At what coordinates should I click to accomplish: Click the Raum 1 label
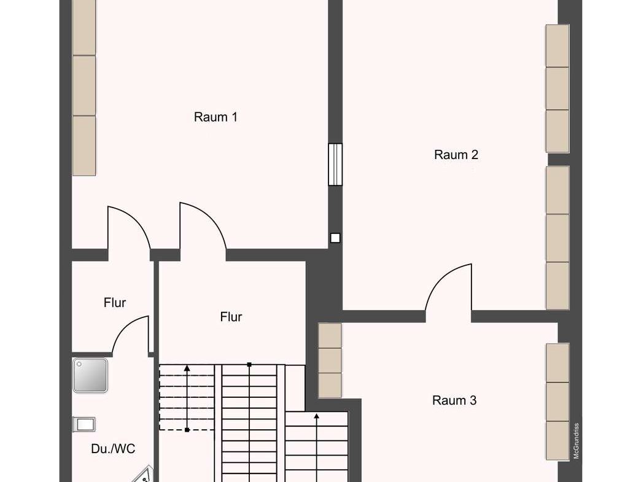[x=215, y=117]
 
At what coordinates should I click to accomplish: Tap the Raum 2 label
[x=456, y=155]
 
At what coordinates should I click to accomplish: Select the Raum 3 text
[x=454, y=400]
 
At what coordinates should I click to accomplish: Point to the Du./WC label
[x=113, y=449]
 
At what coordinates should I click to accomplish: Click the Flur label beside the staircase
[x=231, y=317]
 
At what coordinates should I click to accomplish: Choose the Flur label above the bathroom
[x=115, y=303]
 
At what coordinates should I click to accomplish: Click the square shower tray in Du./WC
[x=90, y=375]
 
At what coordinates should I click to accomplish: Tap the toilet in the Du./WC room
[x=83, y=424]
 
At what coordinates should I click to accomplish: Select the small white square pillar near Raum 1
[x=335, y=238]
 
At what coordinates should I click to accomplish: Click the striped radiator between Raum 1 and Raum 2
[x=335, y=165]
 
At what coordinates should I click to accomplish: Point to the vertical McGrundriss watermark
[x=576, y=441]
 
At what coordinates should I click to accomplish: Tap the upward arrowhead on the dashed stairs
[x=187, y=368]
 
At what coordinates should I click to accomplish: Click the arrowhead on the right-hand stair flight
[x=316, y=417]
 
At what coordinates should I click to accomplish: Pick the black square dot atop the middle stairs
[x=249, y=364]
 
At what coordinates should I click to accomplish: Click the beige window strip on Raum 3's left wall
[x=330, y=360]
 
